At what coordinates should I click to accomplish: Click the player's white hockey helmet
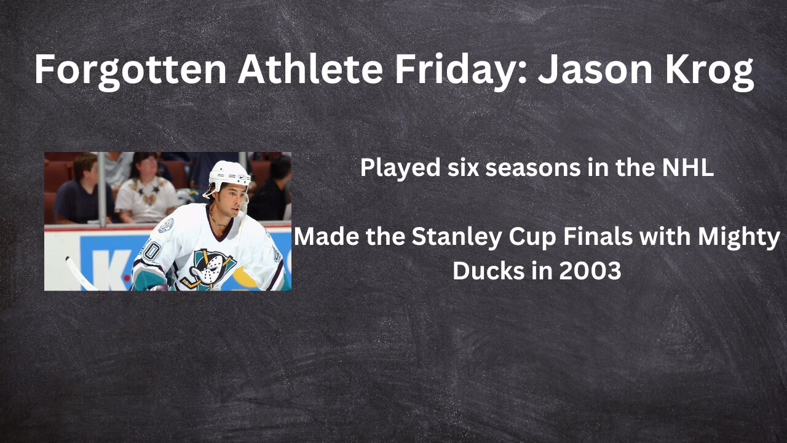[x=229, y=174]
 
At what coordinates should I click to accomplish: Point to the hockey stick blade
[x=77, y=271]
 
